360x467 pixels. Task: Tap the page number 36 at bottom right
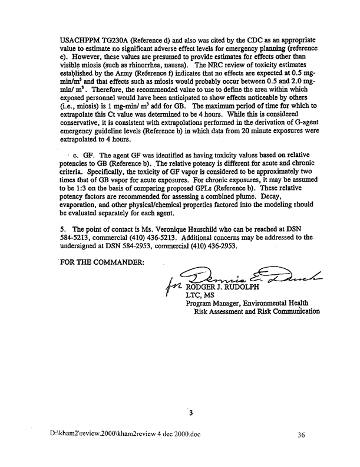click(x=301, y=452)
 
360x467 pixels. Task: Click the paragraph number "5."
click(x=63, y=244)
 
